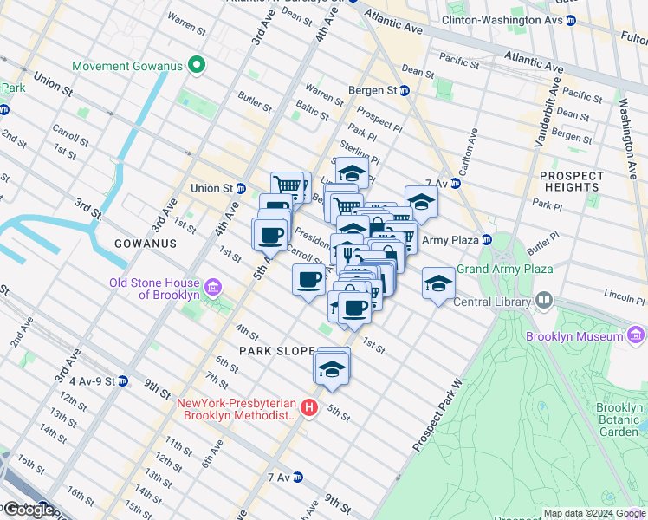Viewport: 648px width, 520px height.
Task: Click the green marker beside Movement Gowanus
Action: [198, 66]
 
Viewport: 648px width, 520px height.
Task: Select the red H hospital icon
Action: [310, 408]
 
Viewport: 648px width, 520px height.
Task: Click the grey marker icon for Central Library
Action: [543, 302]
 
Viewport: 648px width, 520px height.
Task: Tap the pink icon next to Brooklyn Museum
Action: [635, 335]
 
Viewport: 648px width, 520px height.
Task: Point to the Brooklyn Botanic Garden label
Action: [619, 419]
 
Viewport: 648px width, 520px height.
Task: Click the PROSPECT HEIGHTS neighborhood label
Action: [571, 181]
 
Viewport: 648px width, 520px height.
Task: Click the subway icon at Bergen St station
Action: [405, 90]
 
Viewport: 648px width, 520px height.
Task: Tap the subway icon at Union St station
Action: [242, 188]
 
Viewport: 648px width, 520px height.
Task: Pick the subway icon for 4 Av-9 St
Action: [122, 380]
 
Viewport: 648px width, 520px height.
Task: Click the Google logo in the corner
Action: [28, 510]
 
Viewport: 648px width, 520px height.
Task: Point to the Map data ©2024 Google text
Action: [593, 513]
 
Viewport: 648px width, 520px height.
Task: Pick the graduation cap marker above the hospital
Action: [331, 367]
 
